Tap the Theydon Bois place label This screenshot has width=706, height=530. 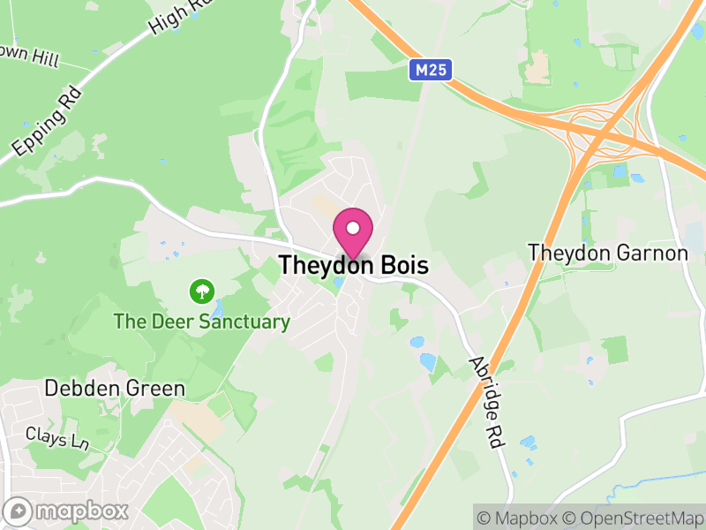(353, 265)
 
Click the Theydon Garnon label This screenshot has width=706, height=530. (607, 254)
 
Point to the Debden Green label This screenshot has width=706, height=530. (116, 389)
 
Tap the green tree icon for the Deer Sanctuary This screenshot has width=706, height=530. (203, 291)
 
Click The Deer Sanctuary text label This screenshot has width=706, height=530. (201, 322)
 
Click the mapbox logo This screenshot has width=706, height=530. (67, 511)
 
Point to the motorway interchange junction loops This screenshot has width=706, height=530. (600, 128)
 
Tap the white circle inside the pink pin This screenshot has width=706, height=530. (353, 228)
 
